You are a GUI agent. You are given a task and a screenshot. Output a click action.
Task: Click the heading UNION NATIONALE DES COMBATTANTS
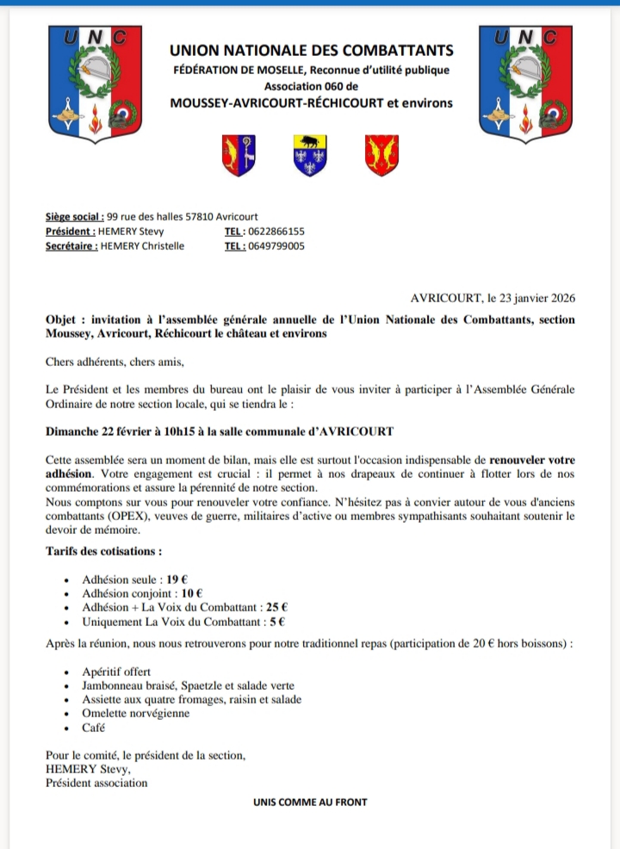pyautogui.click(x=312, y=52)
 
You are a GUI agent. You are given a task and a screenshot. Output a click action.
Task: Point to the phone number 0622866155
pyautogui.click(x=276, y=232)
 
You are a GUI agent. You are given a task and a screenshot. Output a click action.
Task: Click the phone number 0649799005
pyautogui.click(x=276, y=246)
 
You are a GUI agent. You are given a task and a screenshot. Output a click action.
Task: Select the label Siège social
pyautogui.click(x=75, y=217)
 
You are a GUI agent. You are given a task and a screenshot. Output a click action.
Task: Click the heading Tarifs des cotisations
pyautogui.click(x=104, y=551)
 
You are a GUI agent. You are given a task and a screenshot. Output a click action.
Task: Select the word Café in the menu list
pyautogui.click(x=95, y=728)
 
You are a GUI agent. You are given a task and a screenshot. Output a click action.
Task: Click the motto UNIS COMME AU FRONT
pyautogui.click(x=310, y=802)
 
